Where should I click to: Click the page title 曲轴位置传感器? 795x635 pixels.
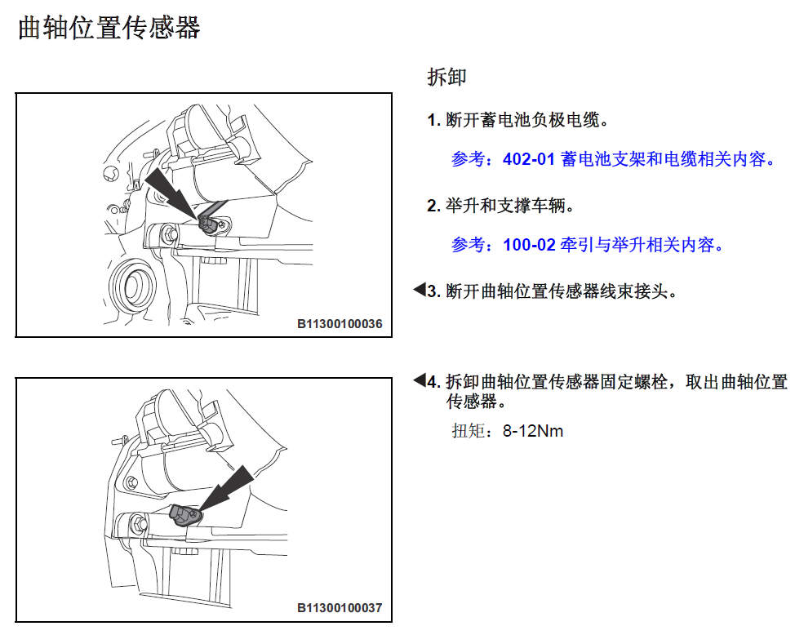109,28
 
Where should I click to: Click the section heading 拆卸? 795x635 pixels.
446,77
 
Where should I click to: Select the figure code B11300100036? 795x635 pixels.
340,323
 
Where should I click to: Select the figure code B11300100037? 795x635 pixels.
340,607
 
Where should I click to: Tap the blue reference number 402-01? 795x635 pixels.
529,159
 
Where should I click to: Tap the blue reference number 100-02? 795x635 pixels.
529,245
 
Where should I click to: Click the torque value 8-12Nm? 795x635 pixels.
533,431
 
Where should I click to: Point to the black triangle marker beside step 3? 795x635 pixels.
420,290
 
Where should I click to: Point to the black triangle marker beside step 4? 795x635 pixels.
420,380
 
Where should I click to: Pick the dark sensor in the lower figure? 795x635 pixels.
185,515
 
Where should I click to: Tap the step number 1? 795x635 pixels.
433,120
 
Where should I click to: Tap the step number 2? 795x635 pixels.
433,206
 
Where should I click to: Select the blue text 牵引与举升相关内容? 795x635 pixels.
641,245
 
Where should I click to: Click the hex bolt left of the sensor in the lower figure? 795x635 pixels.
139,523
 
